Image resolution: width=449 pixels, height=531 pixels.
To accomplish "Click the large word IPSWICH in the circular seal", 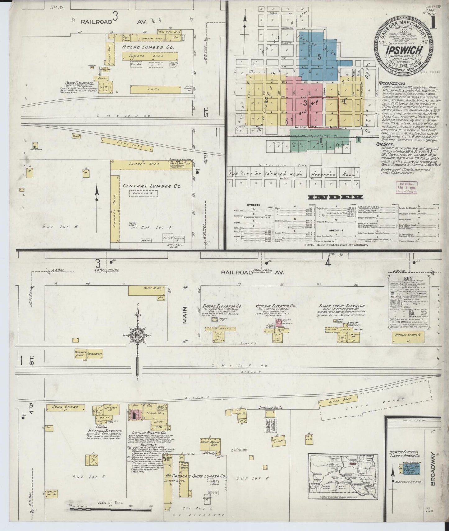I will click(403, 51).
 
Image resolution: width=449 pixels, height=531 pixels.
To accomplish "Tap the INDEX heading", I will click(335, 197).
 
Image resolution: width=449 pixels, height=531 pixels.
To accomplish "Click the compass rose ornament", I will click(137, 335).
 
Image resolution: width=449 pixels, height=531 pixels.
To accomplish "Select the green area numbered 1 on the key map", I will click(320, 140).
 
